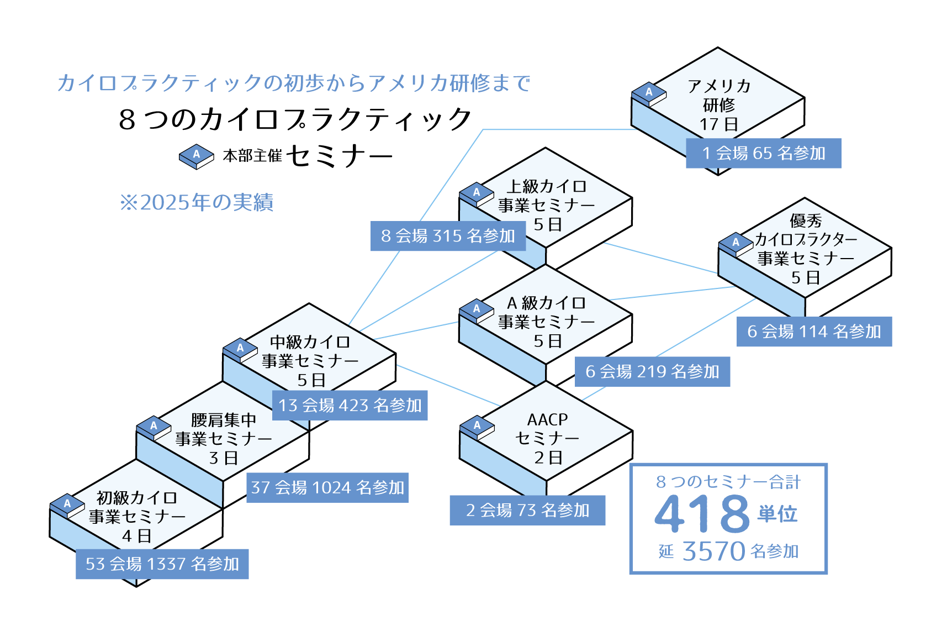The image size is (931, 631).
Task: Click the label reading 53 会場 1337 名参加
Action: (162, 564)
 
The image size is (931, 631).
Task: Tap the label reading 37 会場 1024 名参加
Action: (327, 487)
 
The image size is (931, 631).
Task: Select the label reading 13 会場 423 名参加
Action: (350, 405)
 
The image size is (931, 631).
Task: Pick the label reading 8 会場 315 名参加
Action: (448, 236)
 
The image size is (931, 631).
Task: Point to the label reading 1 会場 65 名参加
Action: (764, 153)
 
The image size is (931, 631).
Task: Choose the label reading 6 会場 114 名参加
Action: (814, 332)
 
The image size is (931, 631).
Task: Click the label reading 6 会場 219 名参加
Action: (652, 371)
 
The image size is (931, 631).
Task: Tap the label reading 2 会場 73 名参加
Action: (527, 510)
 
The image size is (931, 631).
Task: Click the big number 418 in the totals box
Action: (702, 513)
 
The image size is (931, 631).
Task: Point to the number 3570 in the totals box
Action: (714, 551)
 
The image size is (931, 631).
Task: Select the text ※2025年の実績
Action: (197, 202)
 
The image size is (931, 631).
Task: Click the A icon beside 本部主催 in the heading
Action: (197, 155)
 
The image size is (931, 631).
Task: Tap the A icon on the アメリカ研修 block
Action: (649, 93)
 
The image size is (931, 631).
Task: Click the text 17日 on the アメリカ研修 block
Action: (719, 124)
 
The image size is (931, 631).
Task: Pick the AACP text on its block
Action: (547, 419)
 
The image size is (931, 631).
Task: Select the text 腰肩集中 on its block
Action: (224, 420)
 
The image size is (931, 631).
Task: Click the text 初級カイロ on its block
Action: (137, 498)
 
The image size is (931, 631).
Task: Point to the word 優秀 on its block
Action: (806, 220)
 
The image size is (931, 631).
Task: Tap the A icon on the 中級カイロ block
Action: (240, 349)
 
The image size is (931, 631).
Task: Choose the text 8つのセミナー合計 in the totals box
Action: (728, 482)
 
